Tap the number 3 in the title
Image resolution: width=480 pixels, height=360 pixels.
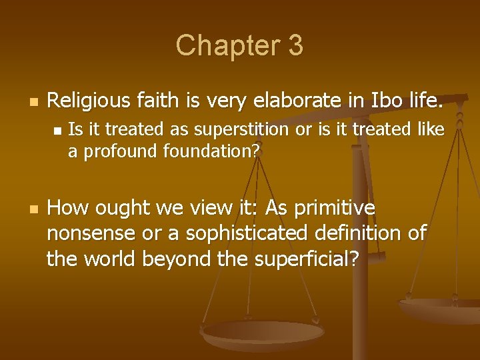coord(296,46)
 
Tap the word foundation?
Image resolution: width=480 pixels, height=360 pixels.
coord(210,151)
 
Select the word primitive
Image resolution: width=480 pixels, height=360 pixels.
coord(332,209)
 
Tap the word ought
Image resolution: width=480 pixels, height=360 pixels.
coord(124,209)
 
